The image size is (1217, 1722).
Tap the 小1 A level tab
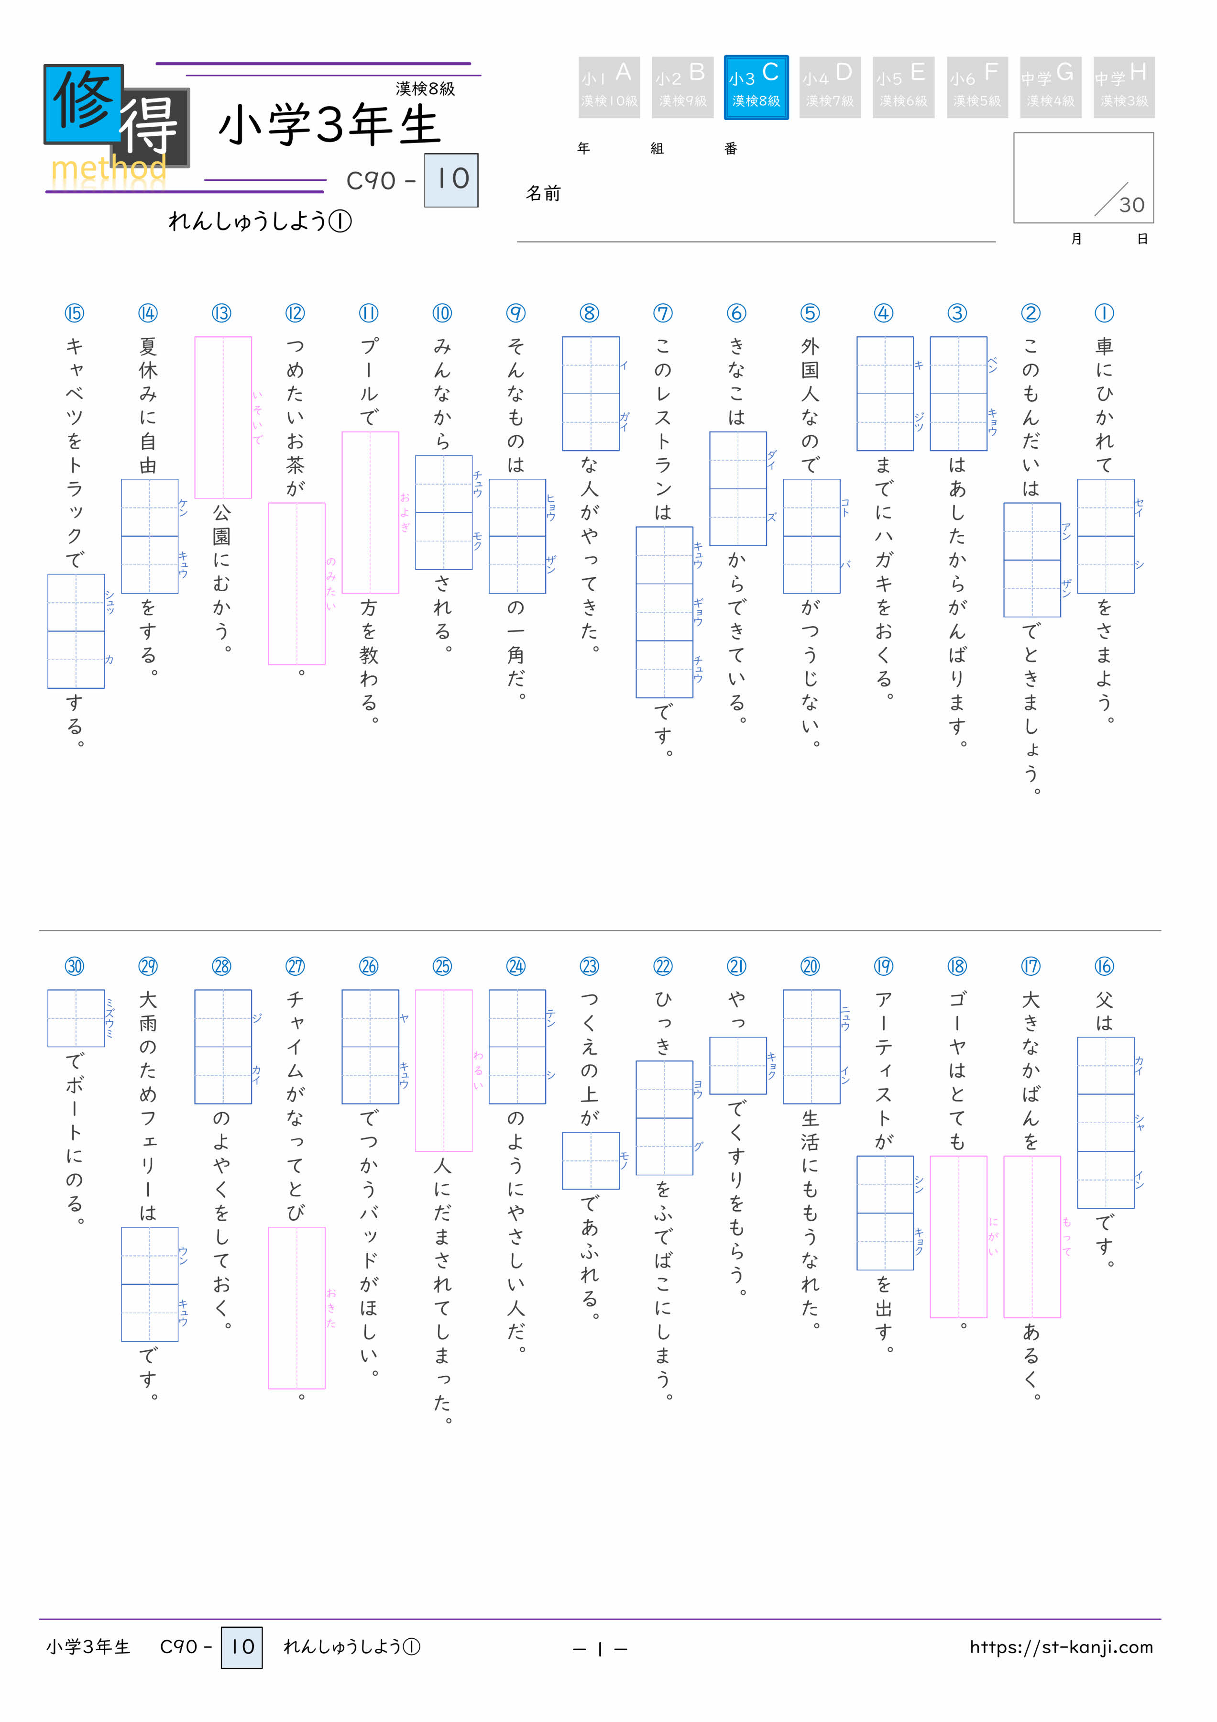(608, 87)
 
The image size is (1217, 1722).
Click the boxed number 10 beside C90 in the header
(451, 180)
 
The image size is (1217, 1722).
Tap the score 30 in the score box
(1131, 205)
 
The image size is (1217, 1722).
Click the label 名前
(543, 194)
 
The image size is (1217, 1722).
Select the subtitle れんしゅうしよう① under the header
(260, 221)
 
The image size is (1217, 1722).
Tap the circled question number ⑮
(74, 313)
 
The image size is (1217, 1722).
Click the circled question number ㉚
(74, 966)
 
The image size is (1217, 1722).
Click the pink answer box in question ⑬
(223, 417)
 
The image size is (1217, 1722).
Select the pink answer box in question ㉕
(443, 1070)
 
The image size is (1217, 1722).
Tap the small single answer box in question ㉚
(76, 1018)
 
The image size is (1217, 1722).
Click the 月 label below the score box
(1076, 239)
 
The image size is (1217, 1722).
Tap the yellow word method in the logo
(108, 169)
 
